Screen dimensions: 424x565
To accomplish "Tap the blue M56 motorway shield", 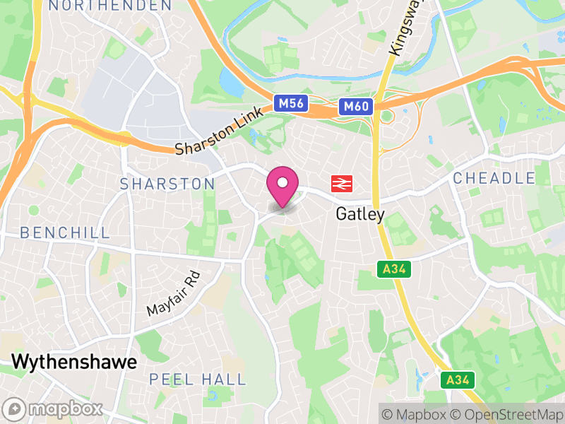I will (291, 104).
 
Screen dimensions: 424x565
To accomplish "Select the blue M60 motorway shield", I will (355, 107).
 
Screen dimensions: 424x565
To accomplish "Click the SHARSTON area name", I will (167, 184).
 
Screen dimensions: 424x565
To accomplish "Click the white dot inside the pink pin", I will (282, 183).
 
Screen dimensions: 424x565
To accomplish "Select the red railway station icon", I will (342, 184).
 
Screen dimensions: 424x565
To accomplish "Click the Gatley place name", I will (360, 213).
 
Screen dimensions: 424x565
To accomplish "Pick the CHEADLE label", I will (494, 178).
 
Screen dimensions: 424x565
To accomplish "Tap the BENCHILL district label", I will (65, 232).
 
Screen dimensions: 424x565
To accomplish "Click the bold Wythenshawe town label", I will (74, 363).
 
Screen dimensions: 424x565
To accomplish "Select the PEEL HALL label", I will (198, 379).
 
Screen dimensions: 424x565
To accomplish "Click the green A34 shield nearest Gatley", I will (396, 269).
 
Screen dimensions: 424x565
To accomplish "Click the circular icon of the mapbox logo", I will (13, 408).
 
